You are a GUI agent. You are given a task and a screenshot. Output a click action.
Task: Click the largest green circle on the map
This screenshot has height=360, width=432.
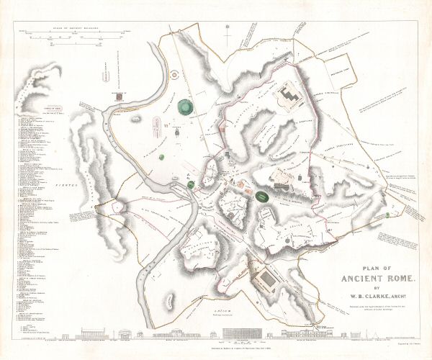pos(186,105)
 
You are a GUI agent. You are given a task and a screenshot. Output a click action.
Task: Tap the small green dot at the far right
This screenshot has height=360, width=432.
pos(388,214)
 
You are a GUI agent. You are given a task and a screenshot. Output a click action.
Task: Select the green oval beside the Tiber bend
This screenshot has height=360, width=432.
pos(191,185)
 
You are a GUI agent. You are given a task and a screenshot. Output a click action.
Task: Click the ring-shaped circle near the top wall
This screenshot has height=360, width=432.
pos(174,74)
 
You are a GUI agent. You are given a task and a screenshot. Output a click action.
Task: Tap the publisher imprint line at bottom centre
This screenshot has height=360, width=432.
pos(216,351)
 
